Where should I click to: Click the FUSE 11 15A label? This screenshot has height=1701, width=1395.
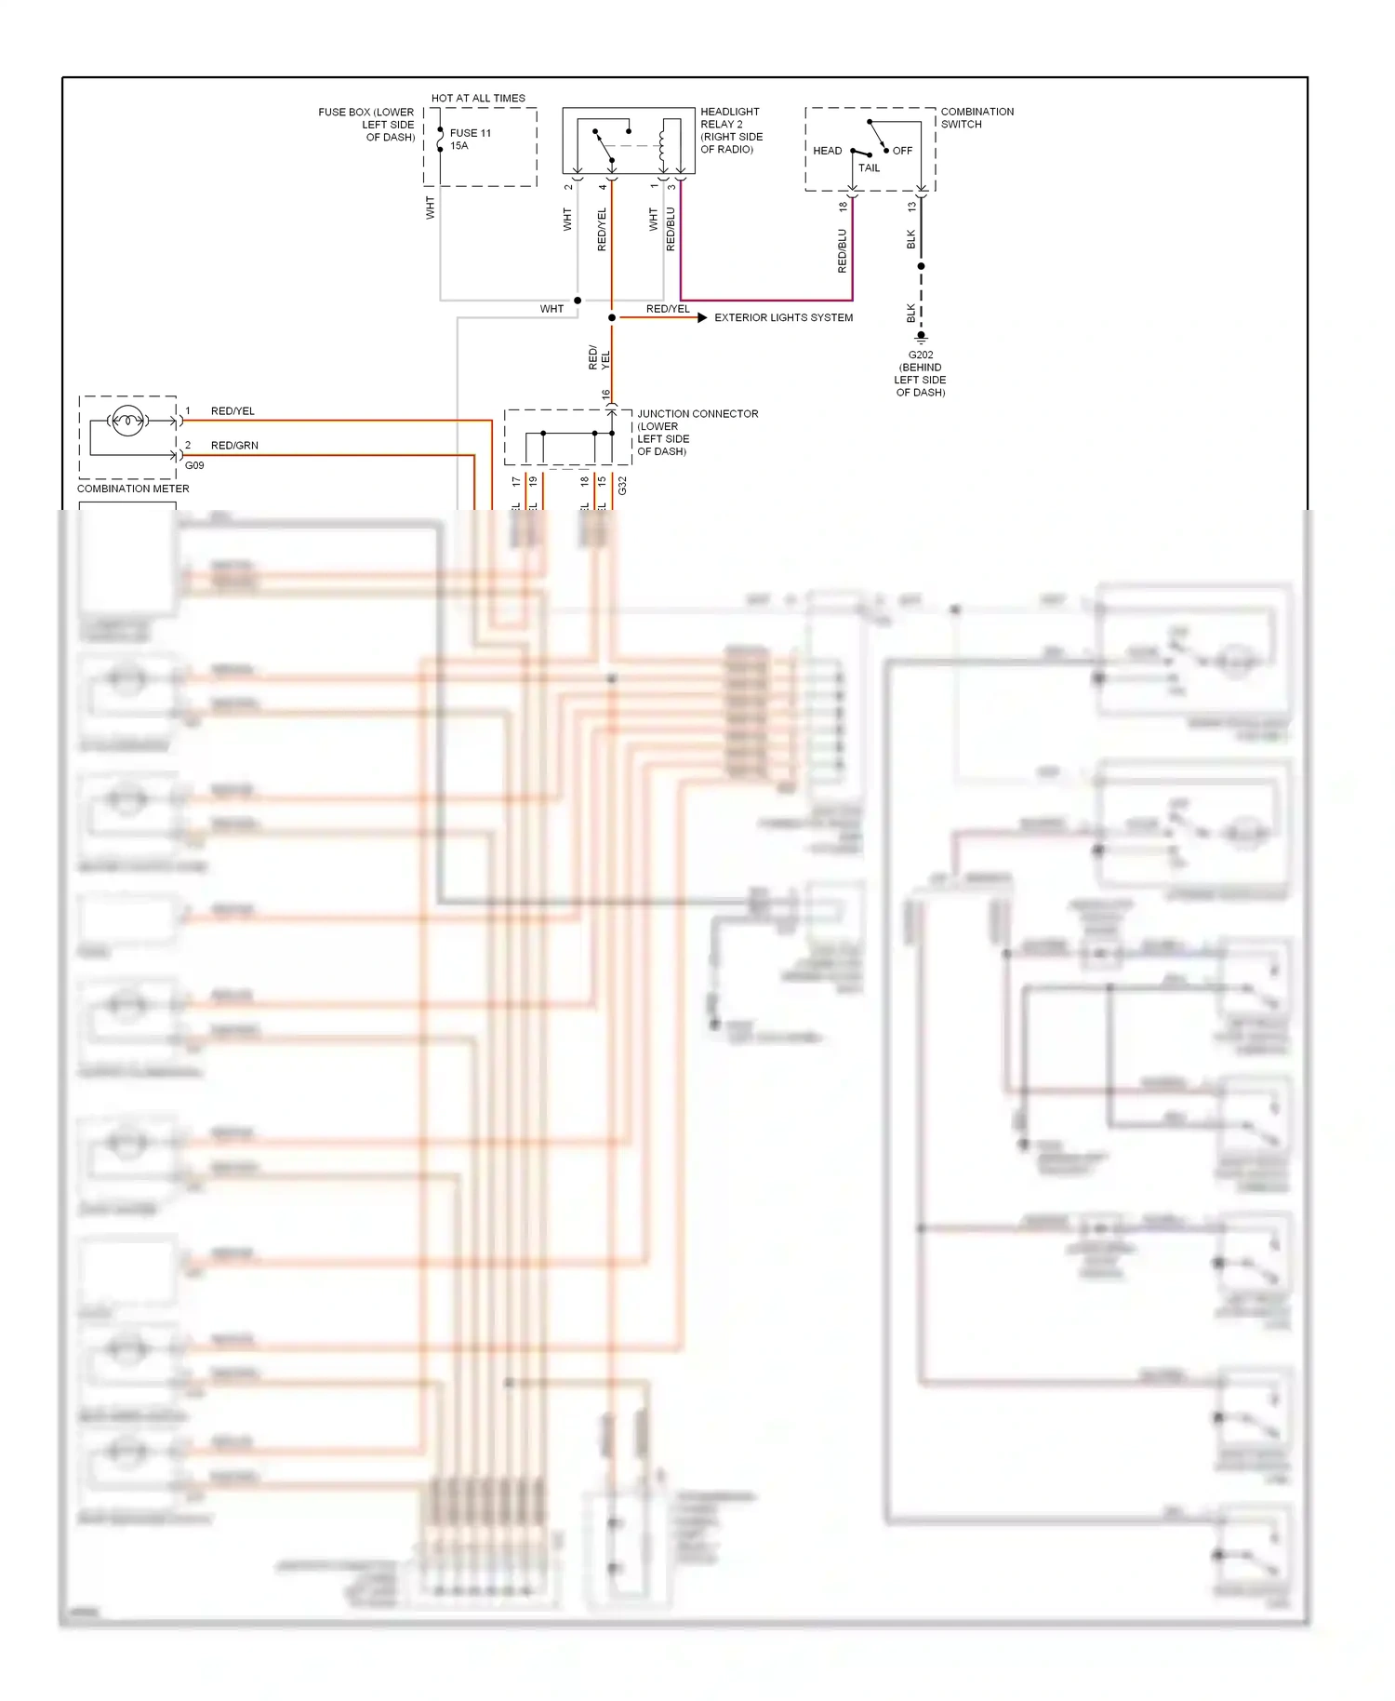point(470,139)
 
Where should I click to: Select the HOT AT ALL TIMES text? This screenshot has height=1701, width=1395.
point(478,98)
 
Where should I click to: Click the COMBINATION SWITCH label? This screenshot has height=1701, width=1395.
point(976,117)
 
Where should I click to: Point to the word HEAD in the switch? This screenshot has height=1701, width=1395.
point(827,151)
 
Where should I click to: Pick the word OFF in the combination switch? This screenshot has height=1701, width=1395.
point(902,151)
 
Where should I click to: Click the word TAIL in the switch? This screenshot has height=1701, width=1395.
point(869,168)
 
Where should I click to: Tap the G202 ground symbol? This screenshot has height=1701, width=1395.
point(921,337)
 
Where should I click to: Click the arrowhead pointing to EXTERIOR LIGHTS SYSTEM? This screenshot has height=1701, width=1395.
point(702,317)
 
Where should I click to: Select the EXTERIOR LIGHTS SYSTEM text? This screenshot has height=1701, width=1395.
point(783,317)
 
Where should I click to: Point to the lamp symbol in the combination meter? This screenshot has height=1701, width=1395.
point(127,422)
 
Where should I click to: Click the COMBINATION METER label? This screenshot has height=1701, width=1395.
point(133,489)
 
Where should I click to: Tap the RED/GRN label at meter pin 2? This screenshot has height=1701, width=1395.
point(234,446)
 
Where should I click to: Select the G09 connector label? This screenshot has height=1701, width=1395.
point(194,465)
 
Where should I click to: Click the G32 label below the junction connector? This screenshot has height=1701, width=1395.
point(622,485)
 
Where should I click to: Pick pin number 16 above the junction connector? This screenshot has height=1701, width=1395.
point(605,395)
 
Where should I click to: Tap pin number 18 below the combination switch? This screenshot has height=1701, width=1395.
point(844,207)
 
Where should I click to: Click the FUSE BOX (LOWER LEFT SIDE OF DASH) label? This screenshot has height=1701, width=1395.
point(367,125)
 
